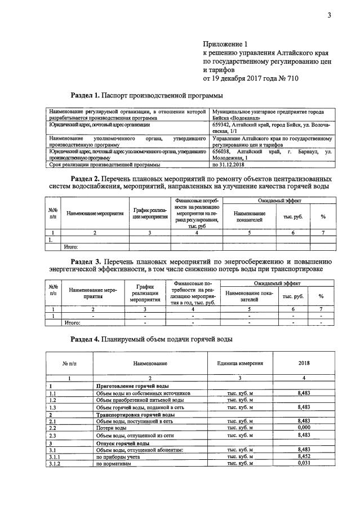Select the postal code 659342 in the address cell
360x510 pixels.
[223, 124]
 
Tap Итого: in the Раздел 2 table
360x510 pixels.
[71, 246]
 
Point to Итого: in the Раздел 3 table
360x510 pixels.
[72, 323]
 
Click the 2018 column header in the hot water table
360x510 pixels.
[302, 363]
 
